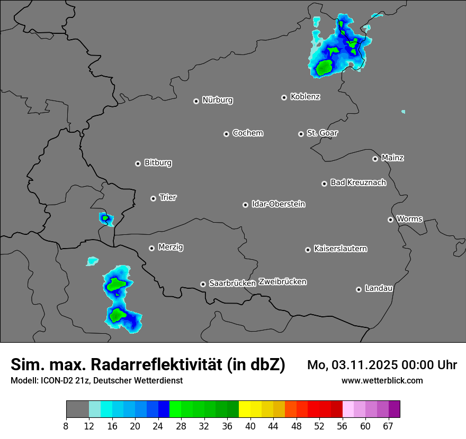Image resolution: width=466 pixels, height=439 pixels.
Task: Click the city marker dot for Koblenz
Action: (284, 97)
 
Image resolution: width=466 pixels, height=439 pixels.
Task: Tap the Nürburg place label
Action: (218, 100)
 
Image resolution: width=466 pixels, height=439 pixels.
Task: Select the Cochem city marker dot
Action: (226, 134)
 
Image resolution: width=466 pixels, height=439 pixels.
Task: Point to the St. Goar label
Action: (322, 133)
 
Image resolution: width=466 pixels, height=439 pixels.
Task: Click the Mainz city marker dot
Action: (375, 159)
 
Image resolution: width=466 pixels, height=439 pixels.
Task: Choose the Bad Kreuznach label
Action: (358, 182)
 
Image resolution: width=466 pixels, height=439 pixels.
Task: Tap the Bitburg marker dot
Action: (138, 163)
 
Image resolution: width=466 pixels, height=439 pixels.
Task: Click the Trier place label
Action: (168, 197)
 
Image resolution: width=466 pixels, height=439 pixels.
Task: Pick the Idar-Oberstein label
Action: (279, 204)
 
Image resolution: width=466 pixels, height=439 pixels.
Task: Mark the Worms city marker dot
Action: (390, 219)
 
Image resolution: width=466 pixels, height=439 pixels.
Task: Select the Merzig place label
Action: (171, 247)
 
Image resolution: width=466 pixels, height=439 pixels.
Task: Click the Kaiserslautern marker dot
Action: (308, 250)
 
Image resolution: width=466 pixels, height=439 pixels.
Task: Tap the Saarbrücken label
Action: (232, 283)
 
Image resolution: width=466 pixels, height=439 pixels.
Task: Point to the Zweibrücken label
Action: (282, 281)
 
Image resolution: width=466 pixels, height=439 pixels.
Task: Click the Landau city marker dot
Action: (359, 289)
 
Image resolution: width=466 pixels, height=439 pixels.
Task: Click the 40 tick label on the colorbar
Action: (250, 426)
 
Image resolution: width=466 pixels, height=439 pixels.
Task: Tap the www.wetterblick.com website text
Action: (382, 380)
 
